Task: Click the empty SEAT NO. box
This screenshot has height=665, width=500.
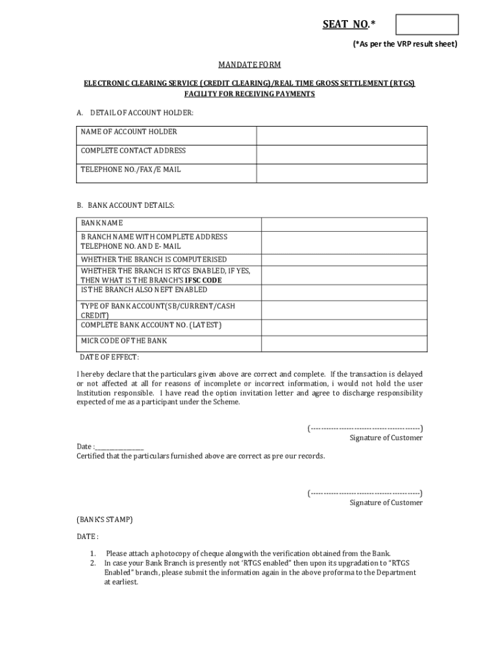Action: (427, 25)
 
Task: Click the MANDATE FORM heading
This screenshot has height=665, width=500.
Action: (249, 66)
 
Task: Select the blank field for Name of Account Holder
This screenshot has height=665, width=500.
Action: (342, 136)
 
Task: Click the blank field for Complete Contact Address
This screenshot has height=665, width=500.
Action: (342, 155)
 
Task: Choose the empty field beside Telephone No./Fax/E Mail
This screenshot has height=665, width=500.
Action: (342, 173)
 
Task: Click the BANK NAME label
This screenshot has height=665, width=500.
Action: (102, 223)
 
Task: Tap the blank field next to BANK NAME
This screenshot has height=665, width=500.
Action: (344, 223)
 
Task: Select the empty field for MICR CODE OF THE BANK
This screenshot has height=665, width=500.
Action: (344, 344)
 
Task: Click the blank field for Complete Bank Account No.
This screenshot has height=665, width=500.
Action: (344, 327)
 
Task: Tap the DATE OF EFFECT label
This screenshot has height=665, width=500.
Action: (109, 357)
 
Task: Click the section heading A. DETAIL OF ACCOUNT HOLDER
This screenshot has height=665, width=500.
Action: (135, 113)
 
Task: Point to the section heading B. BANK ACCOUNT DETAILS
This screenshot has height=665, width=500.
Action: (125, 205)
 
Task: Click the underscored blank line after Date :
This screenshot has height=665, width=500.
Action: (119, 447)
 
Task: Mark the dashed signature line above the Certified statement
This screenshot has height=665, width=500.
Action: (365, 428)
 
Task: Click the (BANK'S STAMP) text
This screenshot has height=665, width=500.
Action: (105, 520)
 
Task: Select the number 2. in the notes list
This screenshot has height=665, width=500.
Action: (93, 563)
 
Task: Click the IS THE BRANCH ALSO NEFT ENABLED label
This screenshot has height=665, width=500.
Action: (144, 290)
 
